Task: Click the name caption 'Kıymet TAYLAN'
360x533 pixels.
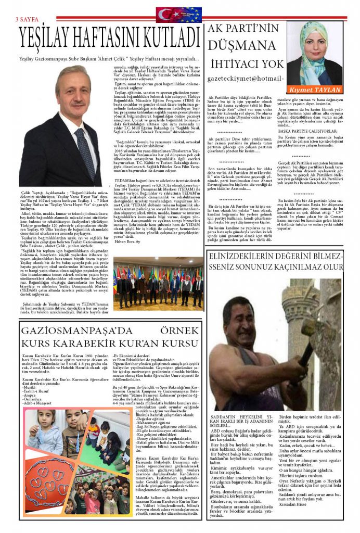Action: (x=323, y=90)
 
